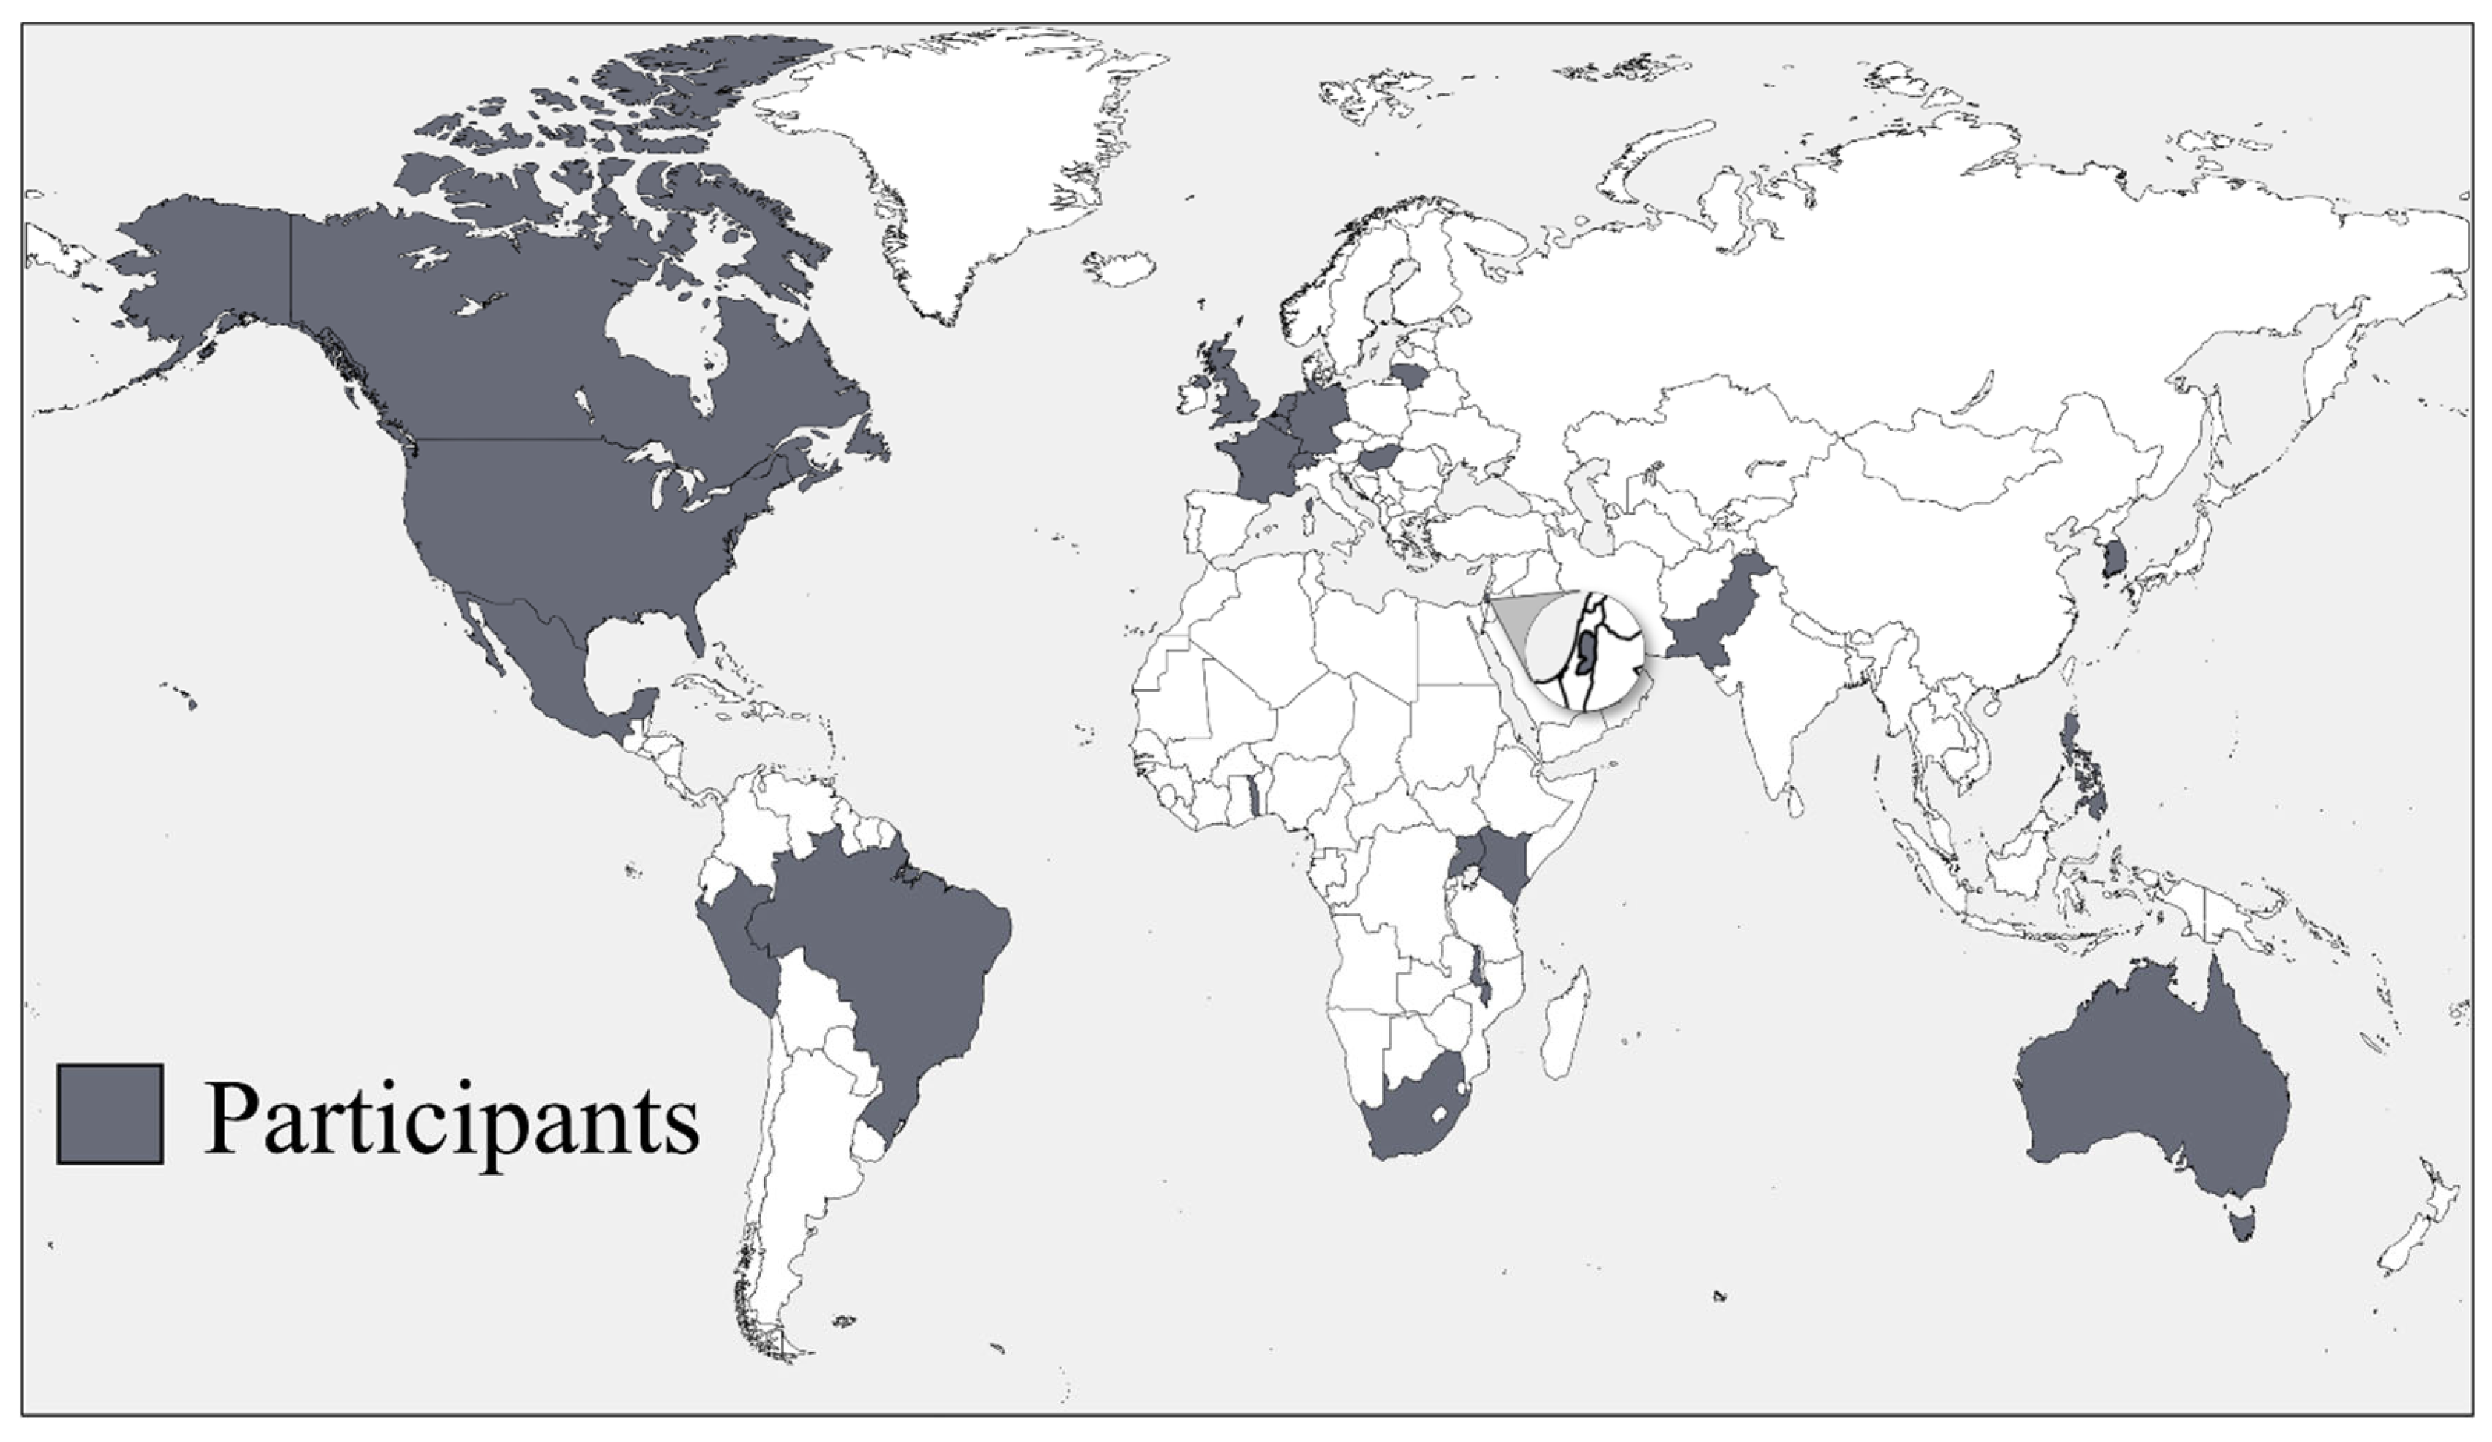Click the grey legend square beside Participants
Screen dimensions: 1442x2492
[x=110, y=1114]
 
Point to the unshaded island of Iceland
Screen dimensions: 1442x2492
[x=1120, y=267]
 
